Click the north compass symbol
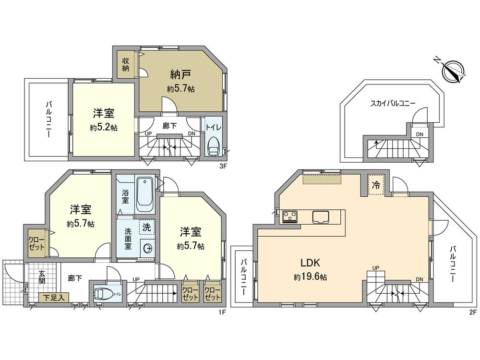[x=452, y=71]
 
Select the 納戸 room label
[x=180, y=74]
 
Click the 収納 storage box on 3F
[x=125, y=64]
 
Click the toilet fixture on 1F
[x=104, y=293]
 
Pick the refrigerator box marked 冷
[x=376, y=185]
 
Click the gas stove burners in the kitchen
[x=290, y=217]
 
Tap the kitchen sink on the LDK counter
[x=321, y=217]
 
